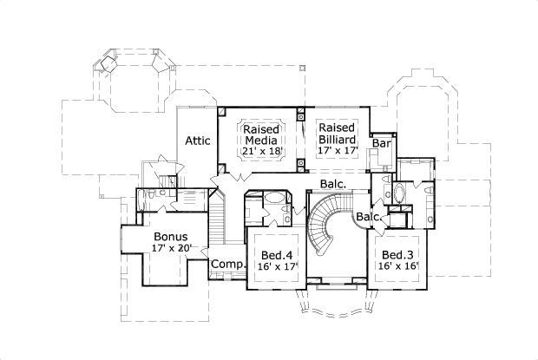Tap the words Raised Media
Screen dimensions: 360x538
(260, 132)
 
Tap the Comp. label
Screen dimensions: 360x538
(225, 264)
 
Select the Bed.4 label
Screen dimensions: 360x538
(275, 255)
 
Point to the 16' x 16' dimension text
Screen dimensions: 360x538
(398, 266)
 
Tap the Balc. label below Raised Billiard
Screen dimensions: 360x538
(333, 184)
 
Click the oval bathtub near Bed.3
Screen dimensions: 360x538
(398, 193)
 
